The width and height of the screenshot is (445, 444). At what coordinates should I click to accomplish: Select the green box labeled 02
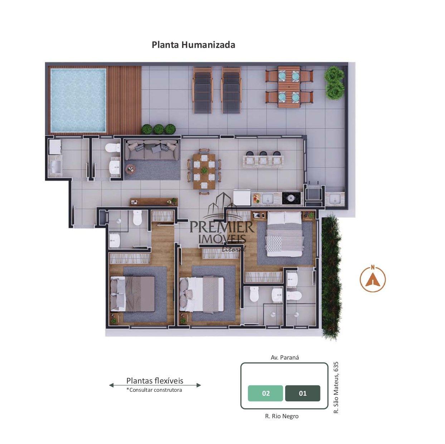[x=265, y=393]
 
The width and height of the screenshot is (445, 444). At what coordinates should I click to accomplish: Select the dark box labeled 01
[x=303, y=393]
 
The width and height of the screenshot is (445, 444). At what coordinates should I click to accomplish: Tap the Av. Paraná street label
[x=285, y=357]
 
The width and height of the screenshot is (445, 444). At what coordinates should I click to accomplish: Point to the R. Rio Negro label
[x=282, y=416]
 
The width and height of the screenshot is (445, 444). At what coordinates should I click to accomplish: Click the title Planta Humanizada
[x=193, y=45]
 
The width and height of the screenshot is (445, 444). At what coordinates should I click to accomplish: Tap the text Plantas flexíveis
[x=155, y=380]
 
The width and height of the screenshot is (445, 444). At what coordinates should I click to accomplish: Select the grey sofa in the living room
[x=152, y=149]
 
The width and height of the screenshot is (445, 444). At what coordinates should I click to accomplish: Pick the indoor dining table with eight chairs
[x=204, y=171]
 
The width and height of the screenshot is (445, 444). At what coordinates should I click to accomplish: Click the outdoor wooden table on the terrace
[x=289, y=87]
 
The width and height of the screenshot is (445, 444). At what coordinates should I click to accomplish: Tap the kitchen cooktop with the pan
[x=291, y=198]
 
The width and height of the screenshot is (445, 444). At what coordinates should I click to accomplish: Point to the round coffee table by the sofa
[x=130, y=169]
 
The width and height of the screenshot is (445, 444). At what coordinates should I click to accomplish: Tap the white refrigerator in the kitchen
[x=242, y=197]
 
